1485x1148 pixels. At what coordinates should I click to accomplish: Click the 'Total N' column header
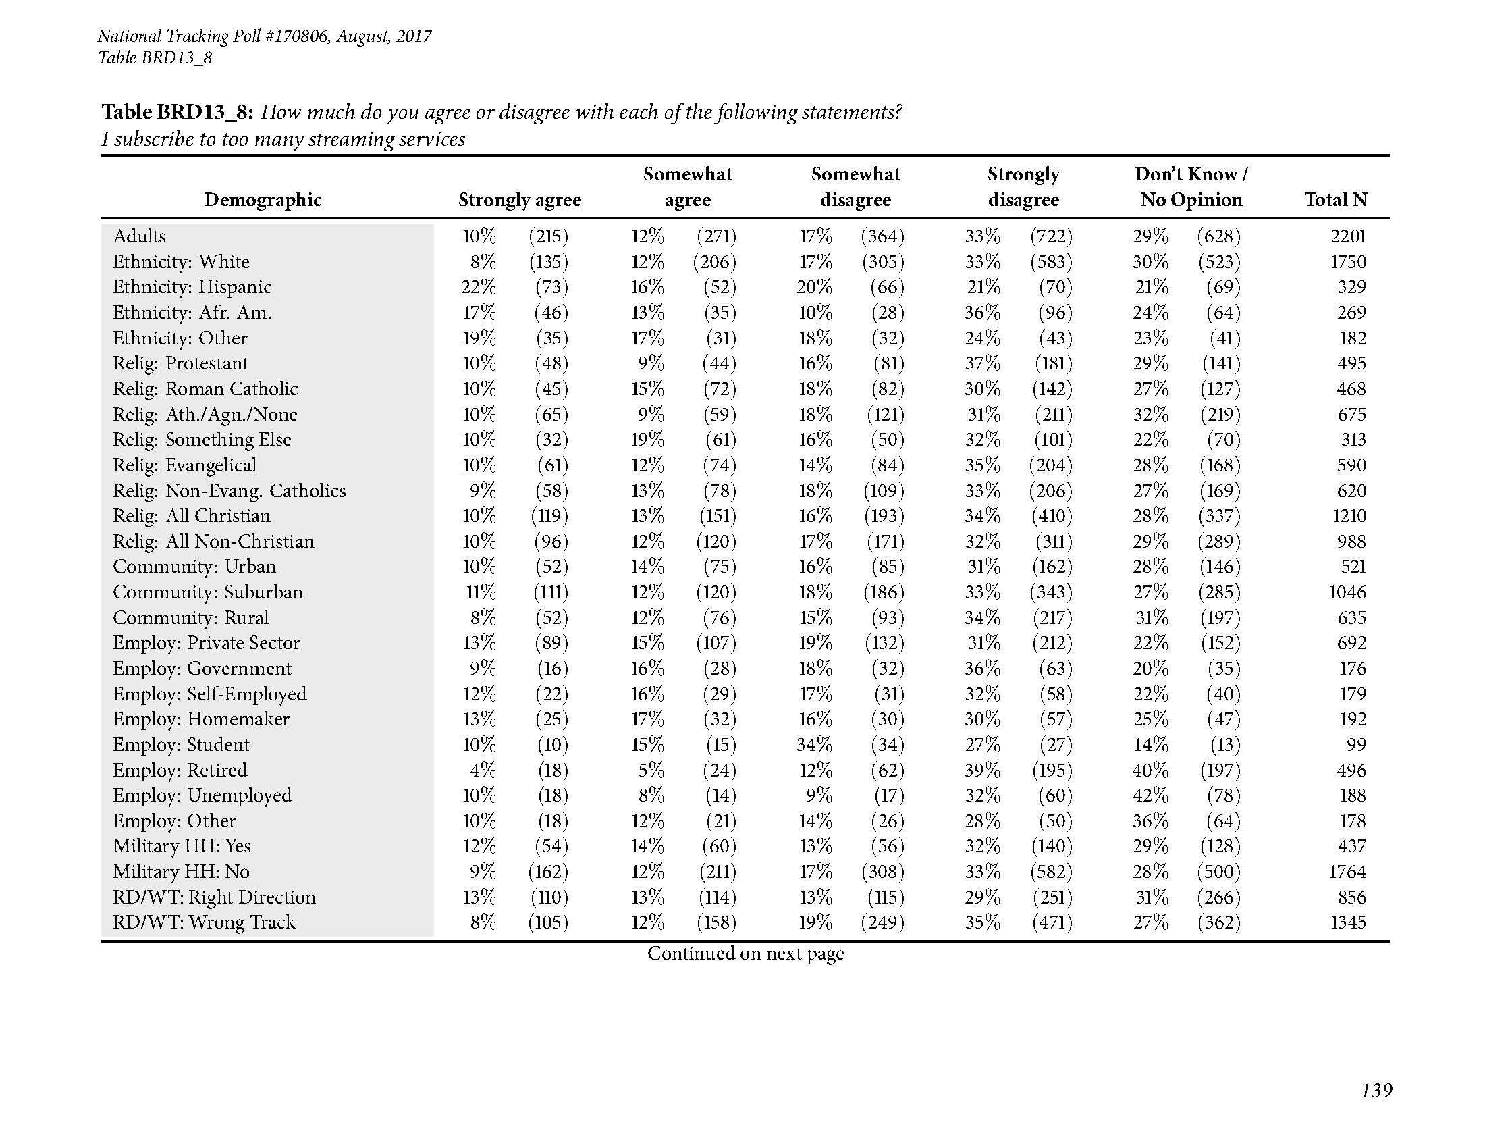point(1335,199)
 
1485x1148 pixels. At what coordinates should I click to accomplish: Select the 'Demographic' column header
point(263,199)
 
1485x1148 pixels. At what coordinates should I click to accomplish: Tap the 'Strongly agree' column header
point(520,199)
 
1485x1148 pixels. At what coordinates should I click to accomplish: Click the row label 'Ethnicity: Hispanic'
point(192,287)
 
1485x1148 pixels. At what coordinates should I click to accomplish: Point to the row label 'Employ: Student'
point(181,745)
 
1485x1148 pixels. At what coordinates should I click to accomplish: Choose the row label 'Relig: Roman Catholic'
point(205,388)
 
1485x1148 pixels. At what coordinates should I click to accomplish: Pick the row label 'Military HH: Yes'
point(182,846)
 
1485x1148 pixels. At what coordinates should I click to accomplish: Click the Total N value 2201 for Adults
point(1348,236)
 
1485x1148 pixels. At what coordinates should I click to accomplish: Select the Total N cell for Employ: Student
point(1356,745)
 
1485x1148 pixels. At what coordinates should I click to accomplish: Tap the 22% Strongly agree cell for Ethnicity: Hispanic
point(479,287)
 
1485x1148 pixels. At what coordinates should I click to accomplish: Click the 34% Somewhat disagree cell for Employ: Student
point(814,745)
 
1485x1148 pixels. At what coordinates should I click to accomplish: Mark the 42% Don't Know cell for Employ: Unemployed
point(1150,795)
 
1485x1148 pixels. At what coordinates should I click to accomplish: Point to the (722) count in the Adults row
point(1051,236)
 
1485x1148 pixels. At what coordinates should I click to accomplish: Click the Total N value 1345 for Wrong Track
point(1347,922)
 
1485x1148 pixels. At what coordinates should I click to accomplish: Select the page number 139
point(1376,1110)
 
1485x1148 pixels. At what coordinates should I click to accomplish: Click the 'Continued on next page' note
point(745,954)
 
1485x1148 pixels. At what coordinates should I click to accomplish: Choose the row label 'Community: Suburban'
point(207,592)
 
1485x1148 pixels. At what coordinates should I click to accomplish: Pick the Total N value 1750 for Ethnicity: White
point(1348,262)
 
